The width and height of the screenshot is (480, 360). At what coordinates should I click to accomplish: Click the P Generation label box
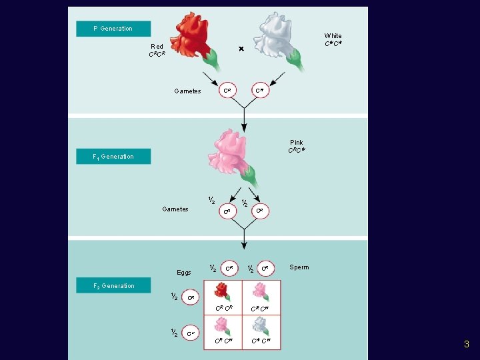(113, 29)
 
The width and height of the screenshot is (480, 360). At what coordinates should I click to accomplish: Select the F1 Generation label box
(113, 157)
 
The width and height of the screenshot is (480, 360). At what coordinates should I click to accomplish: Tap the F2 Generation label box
(113, 286)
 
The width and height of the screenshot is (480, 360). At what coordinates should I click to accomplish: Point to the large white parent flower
(277, 37)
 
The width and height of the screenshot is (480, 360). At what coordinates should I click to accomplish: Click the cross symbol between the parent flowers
(241, 49)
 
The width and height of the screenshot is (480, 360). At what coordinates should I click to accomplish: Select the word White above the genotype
(333, 36)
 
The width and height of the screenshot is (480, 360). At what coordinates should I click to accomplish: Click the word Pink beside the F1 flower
(297, 143)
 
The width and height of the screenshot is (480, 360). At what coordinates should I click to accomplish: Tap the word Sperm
(299, 267)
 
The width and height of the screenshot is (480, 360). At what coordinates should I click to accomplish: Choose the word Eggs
(184, 273)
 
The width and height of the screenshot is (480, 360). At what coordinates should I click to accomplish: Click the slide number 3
(467, 345)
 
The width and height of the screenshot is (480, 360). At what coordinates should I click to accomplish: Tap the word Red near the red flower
(157, 47)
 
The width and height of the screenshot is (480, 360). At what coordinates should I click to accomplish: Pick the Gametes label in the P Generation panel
(187, 91)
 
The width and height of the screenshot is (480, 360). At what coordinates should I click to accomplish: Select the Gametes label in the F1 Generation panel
(175, 209)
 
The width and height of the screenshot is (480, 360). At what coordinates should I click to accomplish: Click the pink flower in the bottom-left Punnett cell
(222, 325)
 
